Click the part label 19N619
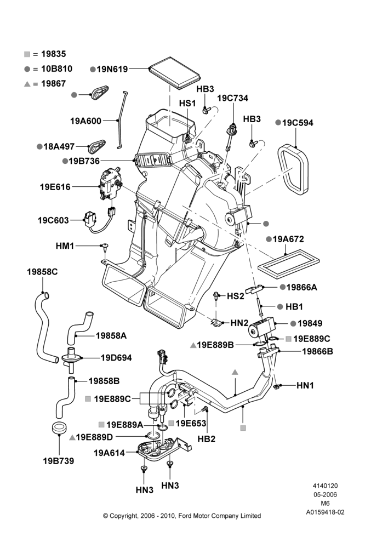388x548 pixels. (112, 69)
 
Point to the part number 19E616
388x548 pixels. (55, 187)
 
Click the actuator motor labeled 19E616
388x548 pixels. (110, 183)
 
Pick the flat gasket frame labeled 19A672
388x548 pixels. (289, 264)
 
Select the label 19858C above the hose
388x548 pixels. (42, 272)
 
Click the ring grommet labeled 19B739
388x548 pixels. (59, 428)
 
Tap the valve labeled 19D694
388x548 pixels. (71, 359)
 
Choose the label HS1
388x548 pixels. (187, 104)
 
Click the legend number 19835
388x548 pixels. (54, 54)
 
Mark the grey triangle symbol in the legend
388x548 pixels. (27, 84)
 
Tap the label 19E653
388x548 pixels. (191, 423)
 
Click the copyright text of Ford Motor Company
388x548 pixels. (182, 516)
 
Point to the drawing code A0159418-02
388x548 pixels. (325, 512)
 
